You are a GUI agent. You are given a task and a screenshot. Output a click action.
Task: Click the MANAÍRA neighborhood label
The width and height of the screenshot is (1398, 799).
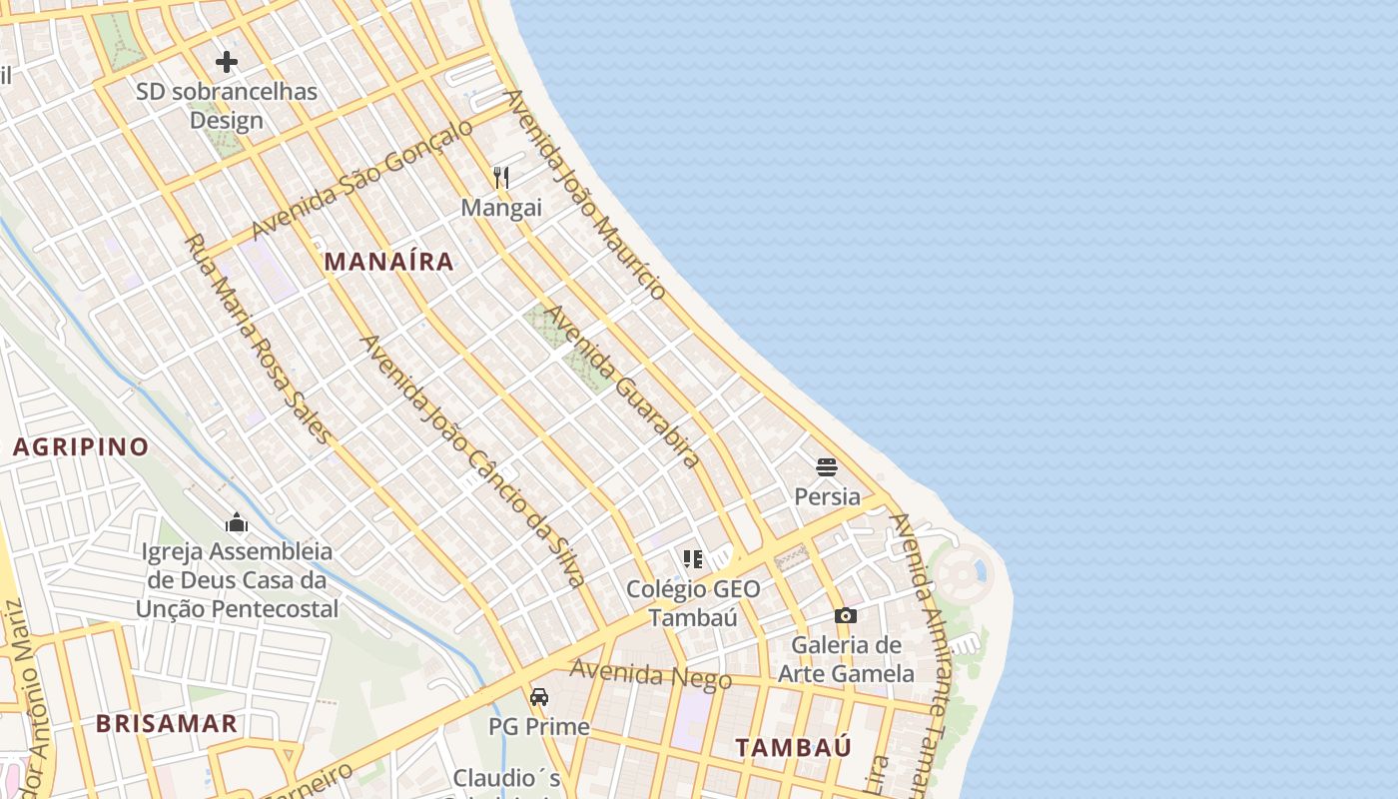coord(389,262)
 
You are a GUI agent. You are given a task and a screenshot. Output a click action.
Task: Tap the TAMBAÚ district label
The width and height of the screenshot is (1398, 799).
coord(794,747)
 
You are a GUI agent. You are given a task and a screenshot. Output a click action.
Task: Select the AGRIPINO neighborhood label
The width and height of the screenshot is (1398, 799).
coord(81,446)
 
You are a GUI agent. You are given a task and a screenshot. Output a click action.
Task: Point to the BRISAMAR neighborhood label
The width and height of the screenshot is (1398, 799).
coord(167,724)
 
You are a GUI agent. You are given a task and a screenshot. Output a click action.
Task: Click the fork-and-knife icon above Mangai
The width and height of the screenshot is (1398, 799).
coord(501,178)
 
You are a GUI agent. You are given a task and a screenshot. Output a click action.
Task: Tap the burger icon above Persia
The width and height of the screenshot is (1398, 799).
coord(827,466)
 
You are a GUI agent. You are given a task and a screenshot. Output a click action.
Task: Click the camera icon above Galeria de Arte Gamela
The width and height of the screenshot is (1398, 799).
coord(846,615)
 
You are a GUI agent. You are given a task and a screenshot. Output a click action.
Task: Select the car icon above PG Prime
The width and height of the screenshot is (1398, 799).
coord(539,696)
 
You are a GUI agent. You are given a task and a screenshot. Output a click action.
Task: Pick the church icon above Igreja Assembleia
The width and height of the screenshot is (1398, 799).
coord(237,521)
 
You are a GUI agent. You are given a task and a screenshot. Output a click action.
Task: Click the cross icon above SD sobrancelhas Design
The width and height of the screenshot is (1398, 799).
coord(227,62)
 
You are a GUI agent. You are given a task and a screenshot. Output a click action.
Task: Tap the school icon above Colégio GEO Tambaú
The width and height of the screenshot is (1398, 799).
coord(692,558)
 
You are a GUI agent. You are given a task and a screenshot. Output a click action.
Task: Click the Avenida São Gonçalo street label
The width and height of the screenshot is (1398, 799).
coord(361,180)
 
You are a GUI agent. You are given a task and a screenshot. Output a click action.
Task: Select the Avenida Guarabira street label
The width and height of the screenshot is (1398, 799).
coord(620,387)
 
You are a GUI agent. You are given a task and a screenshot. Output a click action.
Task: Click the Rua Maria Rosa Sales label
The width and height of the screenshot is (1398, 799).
coord(257,339)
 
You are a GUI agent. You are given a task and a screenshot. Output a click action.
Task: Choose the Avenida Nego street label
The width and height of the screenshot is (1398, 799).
coord(651,675)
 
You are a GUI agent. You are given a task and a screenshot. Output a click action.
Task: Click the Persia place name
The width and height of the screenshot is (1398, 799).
coord(827,496)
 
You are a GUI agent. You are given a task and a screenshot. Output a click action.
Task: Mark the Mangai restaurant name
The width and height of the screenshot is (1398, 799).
coord(501,208)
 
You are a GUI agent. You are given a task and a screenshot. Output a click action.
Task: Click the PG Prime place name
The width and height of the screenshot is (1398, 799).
coord(539,726)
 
